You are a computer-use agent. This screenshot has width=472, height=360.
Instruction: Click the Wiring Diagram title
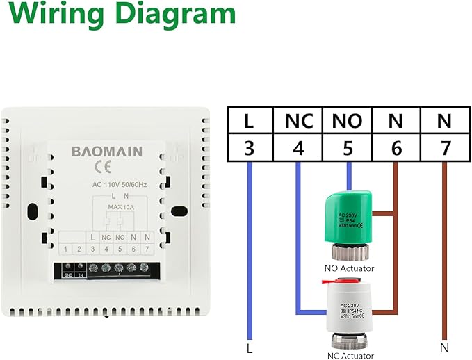pyautogui.click(x=118, y=15)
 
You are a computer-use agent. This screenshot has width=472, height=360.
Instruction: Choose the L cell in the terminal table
pyautogui.click(x=248, y=121)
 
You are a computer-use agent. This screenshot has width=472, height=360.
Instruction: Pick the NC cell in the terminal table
pyautogui.click(x=298, y=121)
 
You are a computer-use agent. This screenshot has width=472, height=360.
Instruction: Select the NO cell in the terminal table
pyautogui.click(x=348, y=121)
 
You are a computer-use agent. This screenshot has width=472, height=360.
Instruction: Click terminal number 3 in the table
pyautogui.click(x=248, y=147)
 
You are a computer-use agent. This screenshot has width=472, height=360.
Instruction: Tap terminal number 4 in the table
pyautogui.click(x=298, y=147)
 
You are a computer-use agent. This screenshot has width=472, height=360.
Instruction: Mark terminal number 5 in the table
pyautogui.click(x=348, y=147)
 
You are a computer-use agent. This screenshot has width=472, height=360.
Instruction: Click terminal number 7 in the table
pyautogui.click(x=445, y=147)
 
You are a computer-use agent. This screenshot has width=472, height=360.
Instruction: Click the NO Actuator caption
pyautogui.click(x=349, y=268)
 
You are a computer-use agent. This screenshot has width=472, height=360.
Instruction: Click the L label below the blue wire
pyautogui.click(x=249, y=346)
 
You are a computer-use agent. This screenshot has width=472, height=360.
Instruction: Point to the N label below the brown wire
pyautogui.click(x=444, y=346)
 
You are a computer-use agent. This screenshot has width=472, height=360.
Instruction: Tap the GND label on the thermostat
pyautogui.click(x=68, y=275)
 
